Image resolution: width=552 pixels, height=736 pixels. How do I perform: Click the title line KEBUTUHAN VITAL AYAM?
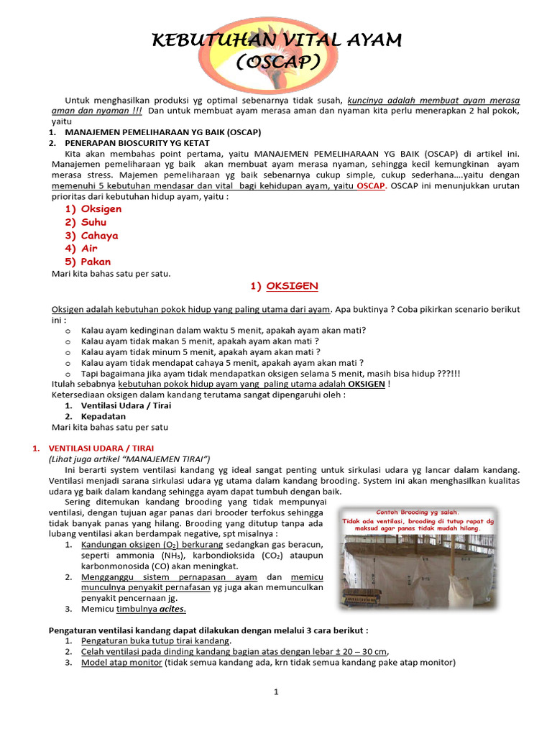[x=277, y=40]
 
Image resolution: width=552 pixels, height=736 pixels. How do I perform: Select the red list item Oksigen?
[x=101, y=209]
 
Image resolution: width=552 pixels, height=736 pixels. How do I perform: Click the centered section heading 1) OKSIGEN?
[x=284, y=287]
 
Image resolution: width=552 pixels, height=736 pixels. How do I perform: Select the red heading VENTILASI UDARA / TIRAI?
[x=95, y=448]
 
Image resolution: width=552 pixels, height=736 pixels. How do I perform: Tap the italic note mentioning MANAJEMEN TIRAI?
[x=129, y=459]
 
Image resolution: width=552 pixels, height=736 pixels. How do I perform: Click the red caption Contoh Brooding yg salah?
[x=418, y=512]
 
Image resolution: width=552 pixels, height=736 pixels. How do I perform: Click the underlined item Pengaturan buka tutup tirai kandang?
[x=156, y=640]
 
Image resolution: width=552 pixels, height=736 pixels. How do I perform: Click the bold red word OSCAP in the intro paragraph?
[x=372, y=186]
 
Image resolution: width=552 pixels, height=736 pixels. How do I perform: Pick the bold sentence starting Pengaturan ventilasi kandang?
[x=208, y=630]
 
